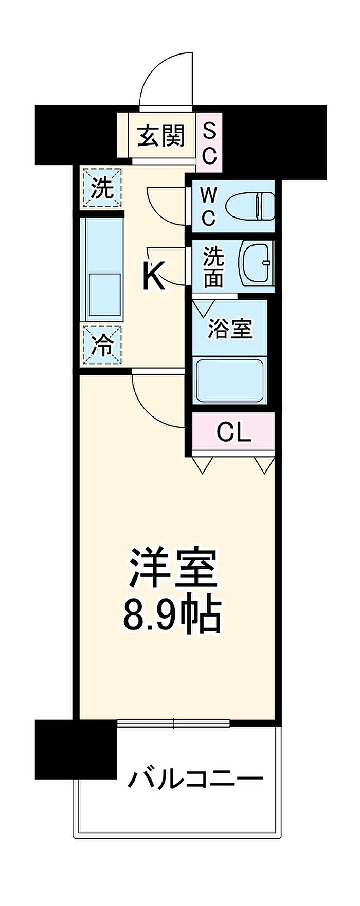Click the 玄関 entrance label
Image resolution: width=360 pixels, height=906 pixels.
[160, 136]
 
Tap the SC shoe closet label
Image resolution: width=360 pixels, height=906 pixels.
[210, 141]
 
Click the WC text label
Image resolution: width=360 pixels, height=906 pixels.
[208, 206]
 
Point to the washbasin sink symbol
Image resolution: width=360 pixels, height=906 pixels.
[256, 262]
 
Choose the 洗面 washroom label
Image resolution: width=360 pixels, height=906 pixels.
[213, 267]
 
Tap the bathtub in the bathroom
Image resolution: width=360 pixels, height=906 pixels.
[230, 381]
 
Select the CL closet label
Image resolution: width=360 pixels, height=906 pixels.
[233, 433]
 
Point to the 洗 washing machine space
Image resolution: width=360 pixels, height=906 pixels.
[102, 189]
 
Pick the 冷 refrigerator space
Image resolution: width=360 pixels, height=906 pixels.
[102, 346]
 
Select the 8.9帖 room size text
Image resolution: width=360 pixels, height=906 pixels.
[172, 614]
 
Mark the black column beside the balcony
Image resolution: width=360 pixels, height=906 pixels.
[76, 749]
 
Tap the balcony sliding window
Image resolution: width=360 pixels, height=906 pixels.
[173, 723]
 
